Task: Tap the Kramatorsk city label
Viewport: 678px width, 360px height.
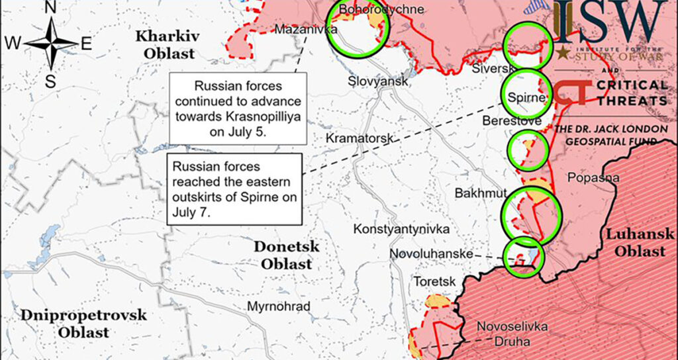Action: pyautogui.click(x=360, y=138)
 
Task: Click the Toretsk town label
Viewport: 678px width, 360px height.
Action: pyautogui.click(x=434, y=281)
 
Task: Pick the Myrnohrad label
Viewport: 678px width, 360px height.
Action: pyautogui.click(x=277, y=306)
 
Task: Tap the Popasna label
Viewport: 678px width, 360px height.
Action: pyautogui.click(x=593, y=177)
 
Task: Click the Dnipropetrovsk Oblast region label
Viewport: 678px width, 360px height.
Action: pyautogui.click(x=83, y=324)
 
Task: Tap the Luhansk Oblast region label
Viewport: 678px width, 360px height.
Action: pyautogui.click(x=639, y=242)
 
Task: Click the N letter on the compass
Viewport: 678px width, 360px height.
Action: pyautogui.click(x=50, y=7)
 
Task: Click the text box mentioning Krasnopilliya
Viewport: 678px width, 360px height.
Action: pyautogui.click(x=238, y=109)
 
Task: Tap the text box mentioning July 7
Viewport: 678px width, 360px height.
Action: pyautogui.click(x=233, y=190)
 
